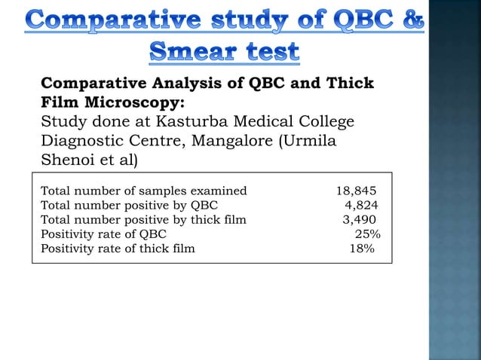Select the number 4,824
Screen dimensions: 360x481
[361, 206]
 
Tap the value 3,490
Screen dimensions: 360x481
[360, 220]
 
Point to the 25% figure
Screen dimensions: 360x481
[367, 234]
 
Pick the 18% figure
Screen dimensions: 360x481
[361, 249]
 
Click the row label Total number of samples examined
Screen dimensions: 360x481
[143, 191]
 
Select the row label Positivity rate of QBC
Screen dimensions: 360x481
[103, 234]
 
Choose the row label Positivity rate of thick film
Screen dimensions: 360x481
[117, 249]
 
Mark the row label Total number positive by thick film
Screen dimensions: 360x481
[142, 220]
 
